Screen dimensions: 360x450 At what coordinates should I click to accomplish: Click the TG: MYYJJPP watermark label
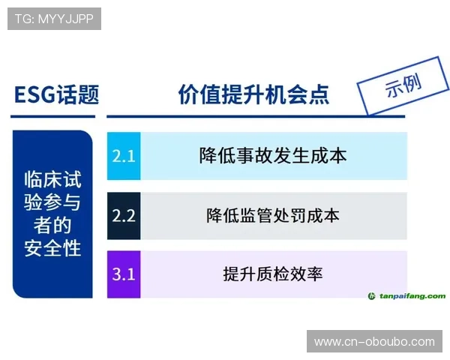coord(53,18)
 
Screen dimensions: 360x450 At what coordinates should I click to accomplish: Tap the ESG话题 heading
coord(56,94)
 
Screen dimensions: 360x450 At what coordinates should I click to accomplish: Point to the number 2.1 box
coord(123,156)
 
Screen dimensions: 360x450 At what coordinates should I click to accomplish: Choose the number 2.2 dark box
coord(123,215)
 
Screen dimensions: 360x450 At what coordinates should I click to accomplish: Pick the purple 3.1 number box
coord(123,274)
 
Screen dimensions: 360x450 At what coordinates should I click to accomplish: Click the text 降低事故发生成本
coord(273,156)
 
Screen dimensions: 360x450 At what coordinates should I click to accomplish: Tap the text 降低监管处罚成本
coord(273,215)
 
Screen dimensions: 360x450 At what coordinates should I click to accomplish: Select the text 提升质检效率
coord(273,274)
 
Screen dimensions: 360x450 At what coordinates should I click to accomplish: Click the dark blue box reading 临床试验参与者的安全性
coord(52,214)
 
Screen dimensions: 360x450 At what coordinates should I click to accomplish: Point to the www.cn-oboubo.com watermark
coord(374,341)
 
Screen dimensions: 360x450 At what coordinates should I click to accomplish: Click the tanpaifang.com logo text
coord(412,296)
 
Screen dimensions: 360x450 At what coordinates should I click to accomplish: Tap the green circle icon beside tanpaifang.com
coord(372,296)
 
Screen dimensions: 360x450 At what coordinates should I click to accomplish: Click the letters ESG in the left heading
coord(34,94)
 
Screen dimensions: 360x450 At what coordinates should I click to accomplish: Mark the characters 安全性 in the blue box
coord(52,247)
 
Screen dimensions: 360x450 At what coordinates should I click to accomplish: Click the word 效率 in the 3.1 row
coord(307,274)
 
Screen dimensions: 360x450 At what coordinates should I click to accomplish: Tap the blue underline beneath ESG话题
coord(53,116)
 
